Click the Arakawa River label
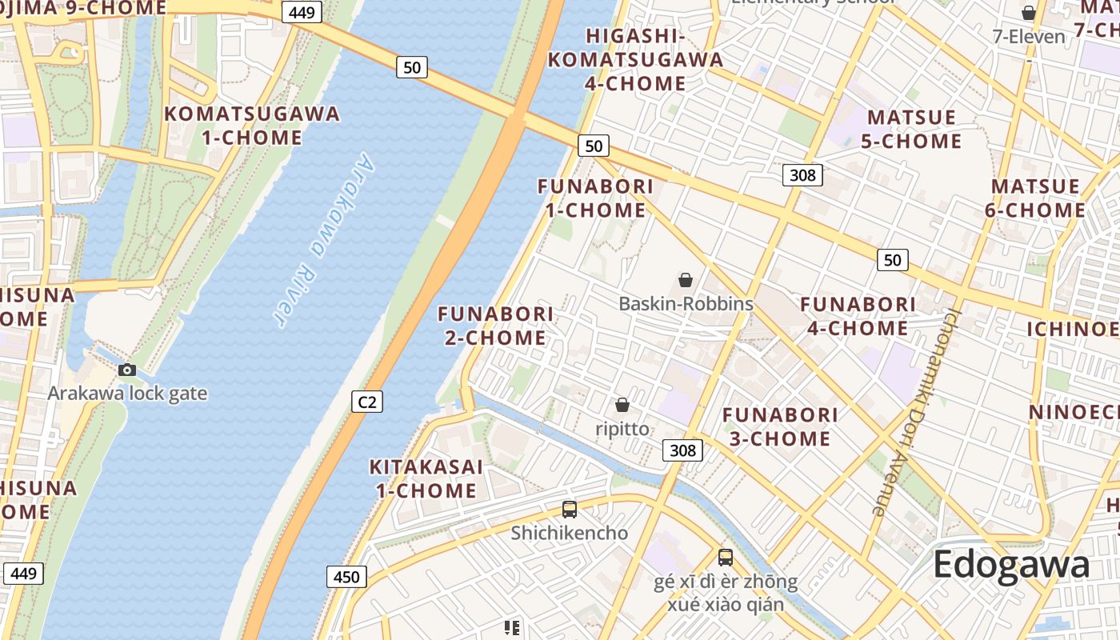click(318, 241)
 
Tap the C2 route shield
click(367, 401)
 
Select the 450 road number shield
click(346, 576)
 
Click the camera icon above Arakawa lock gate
click(127, 370)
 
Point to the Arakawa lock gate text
click(127, 394)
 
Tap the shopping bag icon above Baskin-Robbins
click(686, 280)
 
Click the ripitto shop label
click(622, 429)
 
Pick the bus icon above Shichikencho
click(570, 509)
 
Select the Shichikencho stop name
click(570, 533)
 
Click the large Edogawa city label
click(1011, 565)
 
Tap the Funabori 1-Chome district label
click(595, 198)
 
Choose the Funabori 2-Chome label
click(496, 326)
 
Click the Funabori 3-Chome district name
click(780, 426)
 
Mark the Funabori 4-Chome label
click(858, 316)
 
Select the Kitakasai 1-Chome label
click(426, 478)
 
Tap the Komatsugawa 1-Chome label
click(252, 125)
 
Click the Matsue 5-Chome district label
click(913, 129)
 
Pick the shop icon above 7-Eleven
click(1029, 13)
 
